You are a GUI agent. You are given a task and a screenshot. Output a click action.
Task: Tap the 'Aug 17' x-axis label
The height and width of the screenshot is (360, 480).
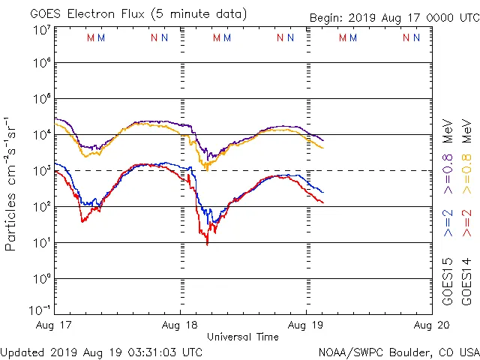(55, 325)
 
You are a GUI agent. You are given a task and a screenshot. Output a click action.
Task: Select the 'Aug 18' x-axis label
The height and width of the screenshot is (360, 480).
(181, 325)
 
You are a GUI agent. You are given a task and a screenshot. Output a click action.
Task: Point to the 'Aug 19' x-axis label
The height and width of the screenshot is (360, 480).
(307, 325)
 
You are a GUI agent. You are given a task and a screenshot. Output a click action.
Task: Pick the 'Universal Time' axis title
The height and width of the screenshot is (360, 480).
(242, 337)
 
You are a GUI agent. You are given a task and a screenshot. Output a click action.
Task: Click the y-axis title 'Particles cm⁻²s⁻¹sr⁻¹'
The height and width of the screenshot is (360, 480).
(12, 183)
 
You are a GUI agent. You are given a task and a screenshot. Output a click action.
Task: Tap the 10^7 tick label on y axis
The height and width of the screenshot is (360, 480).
(41, 30)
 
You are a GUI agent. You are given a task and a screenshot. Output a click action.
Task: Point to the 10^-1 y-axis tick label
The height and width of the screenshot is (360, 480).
(40, 310)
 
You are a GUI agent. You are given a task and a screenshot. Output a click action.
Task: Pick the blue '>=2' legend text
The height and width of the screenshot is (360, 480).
(448, 223)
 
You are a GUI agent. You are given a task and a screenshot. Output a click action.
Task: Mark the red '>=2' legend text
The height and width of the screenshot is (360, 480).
(466, 223)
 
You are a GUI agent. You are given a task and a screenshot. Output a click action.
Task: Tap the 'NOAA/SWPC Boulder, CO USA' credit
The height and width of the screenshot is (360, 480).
(398, 351)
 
